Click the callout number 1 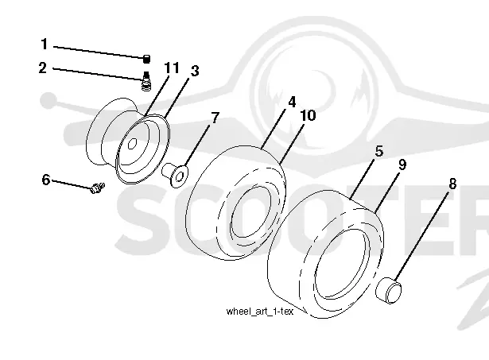click(45, 44)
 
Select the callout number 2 click(43, 68)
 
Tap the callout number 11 click(172, 68)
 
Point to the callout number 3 click(195, 71)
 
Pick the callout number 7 click(215, 118)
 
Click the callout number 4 click(292, 102)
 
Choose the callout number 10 click(309, 115)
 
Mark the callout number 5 click(379, 151)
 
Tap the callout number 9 click(402, 165)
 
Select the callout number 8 click(452, 184)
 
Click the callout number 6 click(46, 180)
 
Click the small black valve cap click(146, 59)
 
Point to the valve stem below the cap click(146, 81)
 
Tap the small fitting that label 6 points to click(97, 188)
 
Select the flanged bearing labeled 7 click(175, 175)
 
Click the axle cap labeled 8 click(389, 290)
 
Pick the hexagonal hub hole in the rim click(133, 144)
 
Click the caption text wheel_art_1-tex click(260, 312)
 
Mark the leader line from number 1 click(99, 52)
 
